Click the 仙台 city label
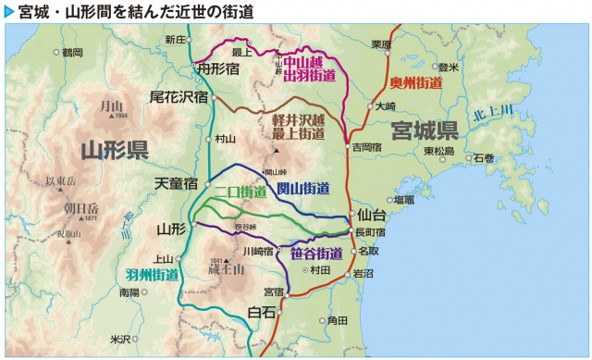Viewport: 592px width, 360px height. pyautogui.click(x=372, y=215)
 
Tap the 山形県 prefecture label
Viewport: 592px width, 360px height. pyautogui.click(x=115, y=150)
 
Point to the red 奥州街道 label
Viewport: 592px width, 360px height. pyautogui.click(x=416, y=82)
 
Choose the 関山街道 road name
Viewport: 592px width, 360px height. pyautogui.click(x=303, y=189)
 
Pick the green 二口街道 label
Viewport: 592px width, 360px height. pyautogui.click(x=241, y=192)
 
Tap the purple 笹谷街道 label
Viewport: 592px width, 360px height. pyautogui.click(x=316, y=253)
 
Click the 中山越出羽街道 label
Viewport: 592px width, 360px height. pyautogui.click(x=309, y=68)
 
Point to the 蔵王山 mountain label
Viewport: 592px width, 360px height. pyautogui.click(x=225, y=269)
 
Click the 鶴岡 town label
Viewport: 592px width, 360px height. pyautogui.click(x=72, y=53)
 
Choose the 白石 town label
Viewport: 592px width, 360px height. pyautogui.click(x=262, y=313)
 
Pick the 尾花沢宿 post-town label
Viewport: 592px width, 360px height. pyautogui.click(x=179, y=95)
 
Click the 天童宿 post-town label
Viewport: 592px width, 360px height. pyautogui.click(x=176, y=183)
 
